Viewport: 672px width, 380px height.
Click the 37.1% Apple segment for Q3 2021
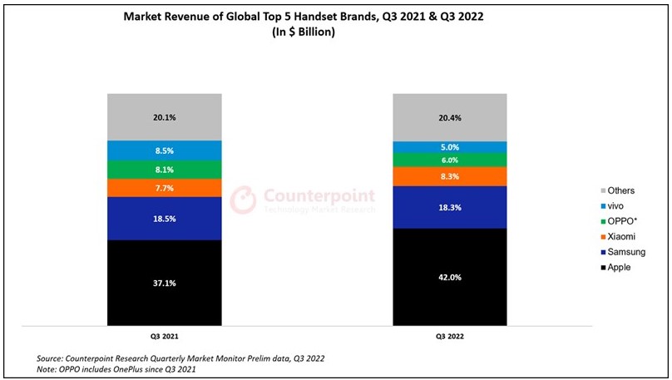(x=164, y=282)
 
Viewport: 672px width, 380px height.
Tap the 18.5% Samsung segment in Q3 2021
(x=164, y=218)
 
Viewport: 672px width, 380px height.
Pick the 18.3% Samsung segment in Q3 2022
(x=449, y=207)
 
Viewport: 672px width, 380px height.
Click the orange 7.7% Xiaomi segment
(x=164, y=188)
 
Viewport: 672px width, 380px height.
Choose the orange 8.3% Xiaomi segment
(x=449, y=176)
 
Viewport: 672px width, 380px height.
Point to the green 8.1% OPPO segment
(x=164, y=170)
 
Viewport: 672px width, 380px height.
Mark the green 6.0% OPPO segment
(x=449, y=160)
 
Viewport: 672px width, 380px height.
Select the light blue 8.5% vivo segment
(x=164, y=151)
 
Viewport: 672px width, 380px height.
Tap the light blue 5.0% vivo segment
(x=449, y=147)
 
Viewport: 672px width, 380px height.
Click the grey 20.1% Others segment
(x=164, y=117)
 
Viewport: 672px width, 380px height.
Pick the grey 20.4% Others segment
(x=449, y=117)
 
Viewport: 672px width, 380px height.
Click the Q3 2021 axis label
(x=164, y=338)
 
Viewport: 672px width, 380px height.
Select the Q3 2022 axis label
(x=449, y=338)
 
